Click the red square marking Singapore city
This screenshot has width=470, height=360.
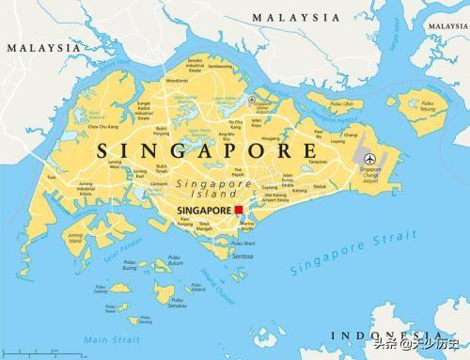click(x=240, y=209)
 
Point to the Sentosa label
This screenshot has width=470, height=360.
click(x=243, y=255)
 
